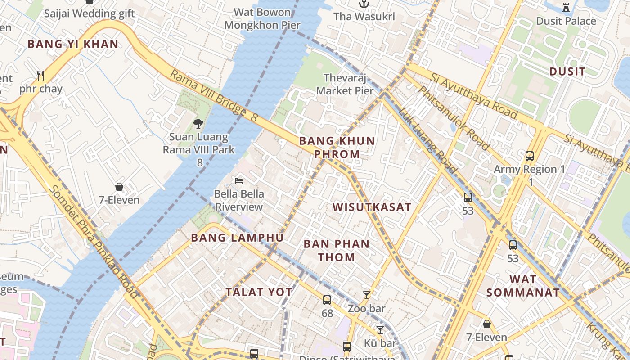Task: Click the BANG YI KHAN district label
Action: tap(73, 44)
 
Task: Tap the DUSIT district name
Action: tap(567, 72)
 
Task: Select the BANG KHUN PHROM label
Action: tap(337, 148)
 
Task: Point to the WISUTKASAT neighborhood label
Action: tap(372, 207)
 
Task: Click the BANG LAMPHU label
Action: tap(237, 238)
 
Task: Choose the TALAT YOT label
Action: tap(259, 292)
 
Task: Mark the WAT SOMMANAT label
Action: tap(523, 286)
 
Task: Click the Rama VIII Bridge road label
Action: tap(213, 96)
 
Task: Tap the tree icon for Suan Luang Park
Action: tap(198, 123)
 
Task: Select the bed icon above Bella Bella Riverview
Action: tap(239, 181)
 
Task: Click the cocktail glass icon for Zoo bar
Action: tap(367, 295)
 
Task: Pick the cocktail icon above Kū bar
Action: tap(380, 330)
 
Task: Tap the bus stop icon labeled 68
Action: tap(327, 300)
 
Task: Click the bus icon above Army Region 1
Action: tap(530, 156)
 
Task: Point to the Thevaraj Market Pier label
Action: tap(345, 84)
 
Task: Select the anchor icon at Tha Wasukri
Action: tap(364, 4)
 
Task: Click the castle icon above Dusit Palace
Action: tap(566, 7)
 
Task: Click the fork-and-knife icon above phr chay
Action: tap(41, 75)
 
